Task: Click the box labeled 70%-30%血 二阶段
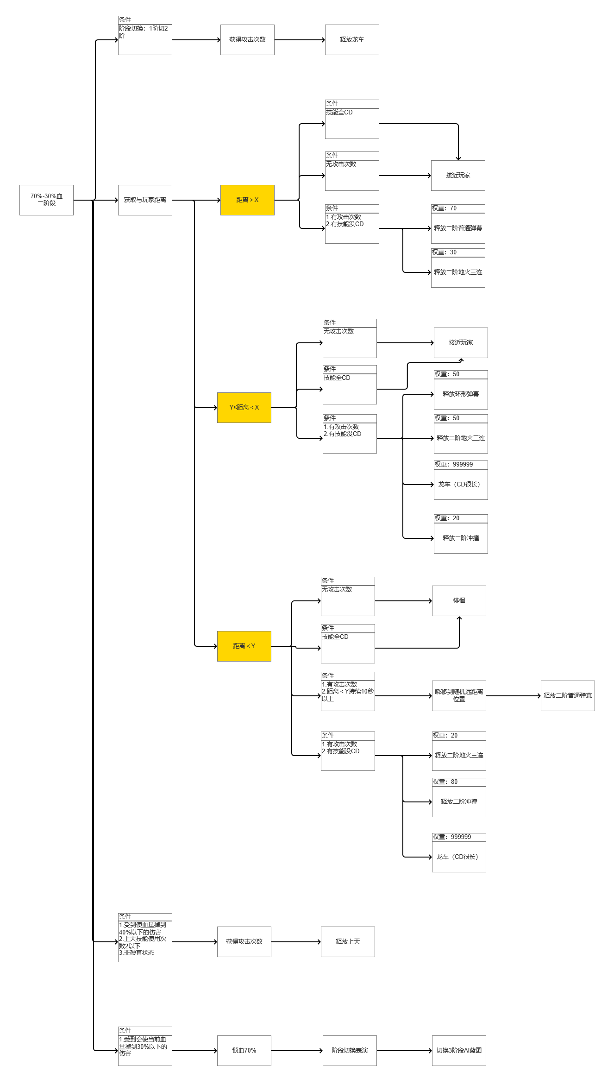point(46,200)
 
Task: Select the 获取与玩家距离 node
point(145,200)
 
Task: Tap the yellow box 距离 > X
point(247,200)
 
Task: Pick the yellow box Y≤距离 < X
point(244,407)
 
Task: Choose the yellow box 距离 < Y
point(244,646)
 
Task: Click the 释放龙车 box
point(352,40)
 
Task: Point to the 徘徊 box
point(459,600)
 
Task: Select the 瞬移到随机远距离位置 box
point(459,695)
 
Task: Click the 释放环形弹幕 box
point(461,394)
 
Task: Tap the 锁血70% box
point(244,1050)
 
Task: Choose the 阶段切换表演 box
point(350,1050)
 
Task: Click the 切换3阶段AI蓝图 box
point(459,1050)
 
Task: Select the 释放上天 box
point(348,941)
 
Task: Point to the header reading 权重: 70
point(458,208)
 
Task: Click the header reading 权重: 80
point(459,782)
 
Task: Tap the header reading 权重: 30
point(458,252)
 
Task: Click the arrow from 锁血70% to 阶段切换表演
point(297,1051)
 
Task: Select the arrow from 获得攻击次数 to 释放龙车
point(300,40)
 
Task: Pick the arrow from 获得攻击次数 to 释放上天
point(296,942)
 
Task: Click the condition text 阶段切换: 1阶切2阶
point(144,32)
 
